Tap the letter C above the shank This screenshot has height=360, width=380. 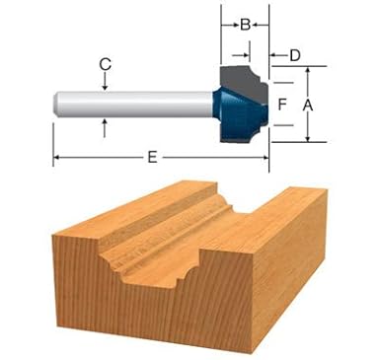click(105, 63)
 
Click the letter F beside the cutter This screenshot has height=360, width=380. click(282, 104)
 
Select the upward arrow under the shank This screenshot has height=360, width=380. click(105, 123)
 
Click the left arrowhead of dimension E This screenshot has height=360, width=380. click(58, 156)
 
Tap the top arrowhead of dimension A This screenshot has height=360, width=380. click(307, 72)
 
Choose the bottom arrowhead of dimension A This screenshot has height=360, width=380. click(307, 138)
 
